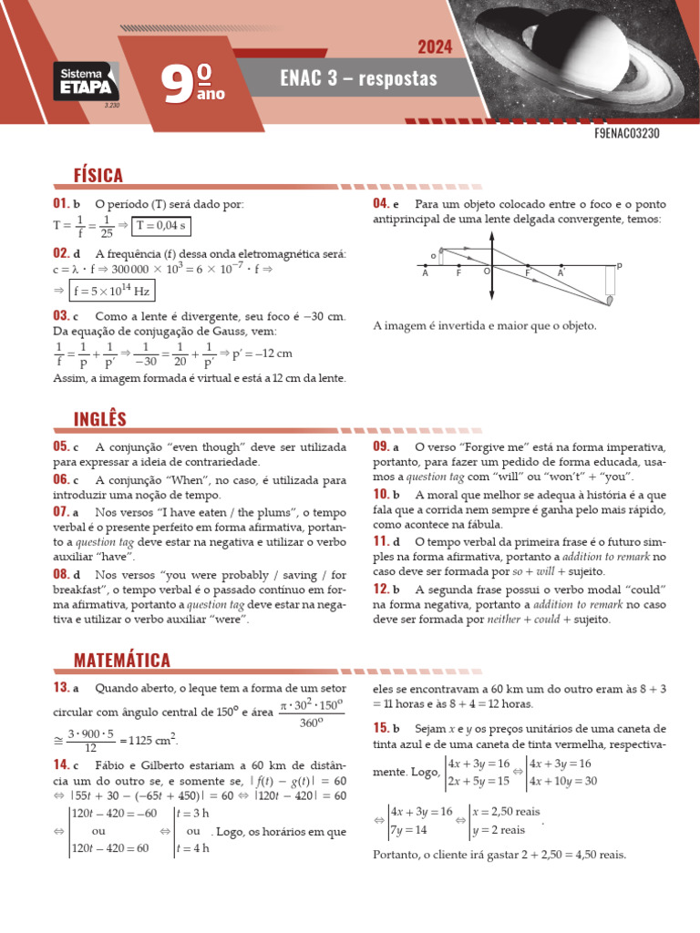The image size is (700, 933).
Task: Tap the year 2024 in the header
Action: point(436,47)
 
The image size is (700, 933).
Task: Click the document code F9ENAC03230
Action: point(626,133)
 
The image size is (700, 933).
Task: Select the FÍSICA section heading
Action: point(98,175)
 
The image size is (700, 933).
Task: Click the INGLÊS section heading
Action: point(100,418)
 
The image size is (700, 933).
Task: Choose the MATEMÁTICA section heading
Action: point(122,660)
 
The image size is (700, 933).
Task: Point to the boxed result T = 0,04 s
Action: point(160,226)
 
